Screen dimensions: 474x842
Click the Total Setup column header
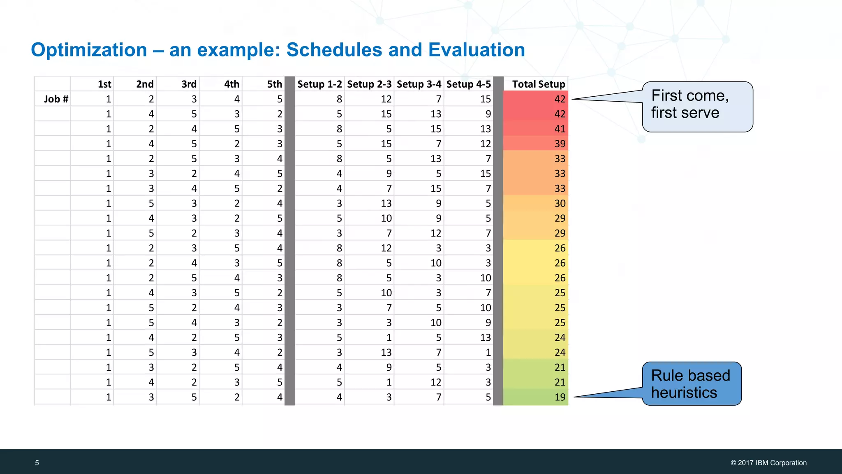(538, 84)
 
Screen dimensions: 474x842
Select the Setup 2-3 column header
(369, 84)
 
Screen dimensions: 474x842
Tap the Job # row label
(56, 99)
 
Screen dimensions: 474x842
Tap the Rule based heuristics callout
(692, 384)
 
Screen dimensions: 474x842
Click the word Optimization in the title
(89, 50)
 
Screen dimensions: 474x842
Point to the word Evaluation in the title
(476, 50)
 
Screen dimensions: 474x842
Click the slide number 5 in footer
(37, 463)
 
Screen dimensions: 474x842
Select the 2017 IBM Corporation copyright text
(768, 463)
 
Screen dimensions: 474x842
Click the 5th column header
(274, 84)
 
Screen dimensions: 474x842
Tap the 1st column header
(104, 84)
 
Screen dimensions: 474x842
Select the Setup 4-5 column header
(469, 84)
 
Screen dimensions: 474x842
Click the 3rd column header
(189, 84)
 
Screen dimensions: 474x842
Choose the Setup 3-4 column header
(419, 84)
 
